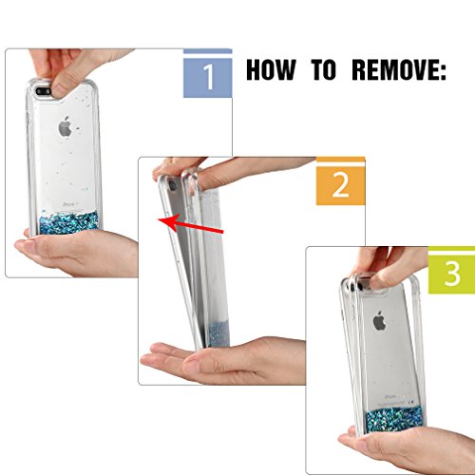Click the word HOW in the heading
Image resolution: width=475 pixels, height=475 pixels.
click(x=271, y=69)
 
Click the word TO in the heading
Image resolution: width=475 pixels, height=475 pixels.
click(x=323, y=69)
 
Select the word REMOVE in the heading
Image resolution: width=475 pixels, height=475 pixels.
click(x=396, y=69)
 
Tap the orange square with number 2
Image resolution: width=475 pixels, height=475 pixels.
click(x=340, y=185)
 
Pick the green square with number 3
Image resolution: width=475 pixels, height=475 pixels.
click(x=451, y=274)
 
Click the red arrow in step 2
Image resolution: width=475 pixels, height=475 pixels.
click(x=191, y=225)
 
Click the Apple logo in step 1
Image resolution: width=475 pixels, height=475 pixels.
click(x=65, y=126)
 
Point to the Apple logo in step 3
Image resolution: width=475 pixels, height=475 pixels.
click(x=380, y=320)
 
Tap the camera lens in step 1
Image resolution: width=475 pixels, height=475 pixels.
click(x=44, y=92)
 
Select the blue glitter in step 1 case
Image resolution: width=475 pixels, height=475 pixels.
click(x=68, y=223)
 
